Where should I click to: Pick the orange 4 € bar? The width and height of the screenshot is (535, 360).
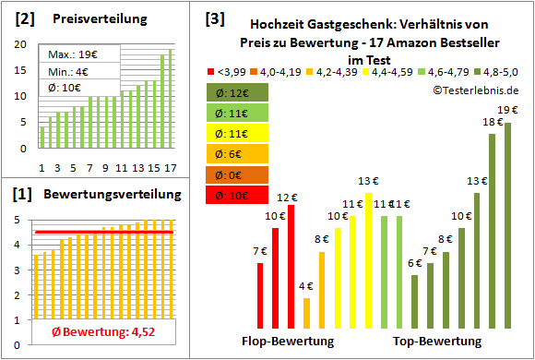307,314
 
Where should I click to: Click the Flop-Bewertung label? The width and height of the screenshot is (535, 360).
287,342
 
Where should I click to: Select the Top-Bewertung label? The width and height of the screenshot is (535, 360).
437,342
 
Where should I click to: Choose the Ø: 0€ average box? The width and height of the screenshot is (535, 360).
239,174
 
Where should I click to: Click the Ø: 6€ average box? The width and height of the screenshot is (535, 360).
239,154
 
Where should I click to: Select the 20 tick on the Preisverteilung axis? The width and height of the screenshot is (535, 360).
22,43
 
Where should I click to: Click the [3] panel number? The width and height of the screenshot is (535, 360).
215,18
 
